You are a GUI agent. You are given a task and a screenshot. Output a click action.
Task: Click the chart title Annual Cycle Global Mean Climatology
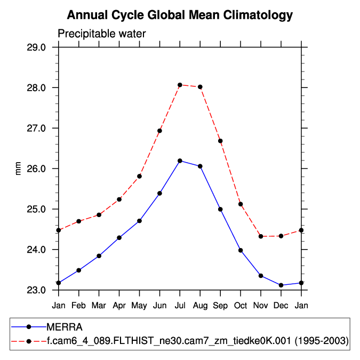[180, 15]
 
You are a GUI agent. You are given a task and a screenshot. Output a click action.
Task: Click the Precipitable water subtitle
[101, 34]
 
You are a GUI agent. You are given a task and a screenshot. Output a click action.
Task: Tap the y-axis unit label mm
[19, 169]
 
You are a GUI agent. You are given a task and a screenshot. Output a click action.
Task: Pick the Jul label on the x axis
[180, 306]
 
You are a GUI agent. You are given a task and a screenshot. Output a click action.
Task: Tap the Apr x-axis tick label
[119, 306]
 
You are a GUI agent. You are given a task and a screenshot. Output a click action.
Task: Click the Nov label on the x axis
[261, 306]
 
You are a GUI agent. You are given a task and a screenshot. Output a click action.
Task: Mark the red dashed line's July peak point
[180, 85]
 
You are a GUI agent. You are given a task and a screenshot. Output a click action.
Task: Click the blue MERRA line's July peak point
[180, 161]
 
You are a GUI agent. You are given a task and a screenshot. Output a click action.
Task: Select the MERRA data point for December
[281, 285]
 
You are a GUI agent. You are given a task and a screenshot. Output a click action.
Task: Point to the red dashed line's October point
[241, 204]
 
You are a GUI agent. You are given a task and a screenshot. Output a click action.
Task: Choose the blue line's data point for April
[119, 238]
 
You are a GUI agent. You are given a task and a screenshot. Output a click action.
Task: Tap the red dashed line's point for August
[200, 87]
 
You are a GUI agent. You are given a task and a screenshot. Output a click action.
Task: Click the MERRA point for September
[220, 209]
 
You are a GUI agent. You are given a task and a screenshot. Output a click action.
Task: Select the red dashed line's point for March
[99, 215]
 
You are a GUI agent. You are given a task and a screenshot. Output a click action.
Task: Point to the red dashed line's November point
[261, 236]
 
